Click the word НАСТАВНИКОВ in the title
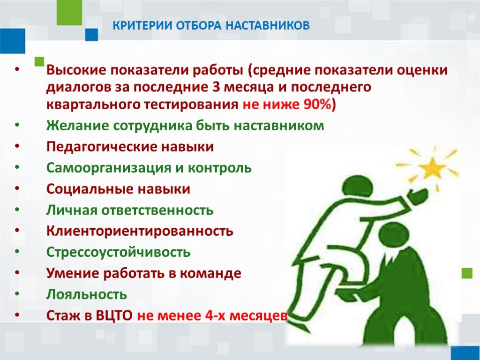coord(268,26)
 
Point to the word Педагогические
coord(102,147)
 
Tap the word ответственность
coord(157,210)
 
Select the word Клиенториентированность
coord(140,231)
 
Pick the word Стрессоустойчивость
coord(119,252)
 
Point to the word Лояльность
coord(87,294)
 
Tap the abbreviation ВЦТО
coord(114,315)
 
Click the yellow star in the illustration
coord(433,167)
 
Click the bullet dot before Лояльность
coord(17,294)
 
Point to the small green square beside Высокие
coord(39,61)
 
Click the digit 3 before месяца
coord(216,87)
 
